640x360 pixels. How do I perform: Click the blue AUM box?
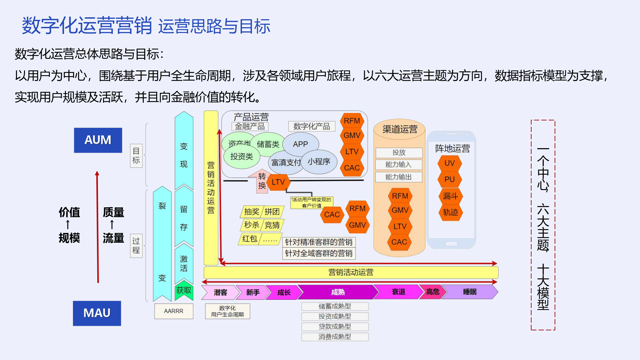[x=98, y=140]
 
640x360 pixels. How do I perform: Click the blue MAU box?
[x=97, y=313]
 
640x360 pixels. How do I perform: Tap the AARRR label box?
[x=174, y=311]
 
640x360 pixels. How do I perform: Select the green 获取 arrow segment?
[x=184, y=290]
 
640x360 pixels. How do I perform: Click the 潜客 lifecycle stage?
[x=220, y=292]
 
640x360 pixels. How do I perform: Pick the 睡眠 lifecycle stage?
[x=470, y=292]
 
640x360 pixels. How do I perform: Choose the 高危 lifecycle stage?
[x=433, y=292]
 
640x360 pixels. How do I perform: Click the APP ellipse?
[x=300, y=144]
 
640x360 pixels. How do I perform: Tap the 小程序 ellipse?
[x=319, y=162]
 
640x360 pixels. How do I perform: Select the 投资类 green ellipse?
[x=242, y=156]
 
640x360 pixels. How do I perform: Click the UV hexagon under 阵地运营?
[x=450, y=163]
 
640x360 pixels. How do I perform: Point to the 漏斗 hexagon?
[x=450, y=196]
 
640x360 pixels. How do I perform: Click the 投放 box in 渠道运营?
[x=399, y=153]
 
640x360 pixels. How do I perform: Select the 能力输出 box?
[x=399, y=177]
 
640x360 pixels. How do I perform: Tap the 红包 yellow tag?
[x=250, y=239]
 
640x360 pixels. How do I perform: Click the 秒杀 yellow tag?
[x=252, y=225]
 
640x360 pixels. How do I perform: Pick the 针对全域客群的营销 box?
[x=319, y=253]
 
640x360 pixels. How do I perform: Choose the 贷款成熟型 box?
[x=335, y=326]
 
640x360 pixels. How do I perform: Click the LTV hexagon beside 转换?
[x=278, y=182]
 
